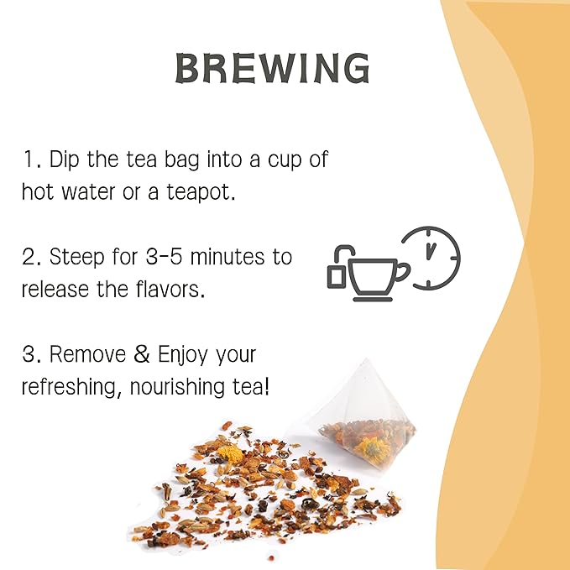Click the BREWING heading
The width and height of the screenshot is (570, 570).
coord(272,69)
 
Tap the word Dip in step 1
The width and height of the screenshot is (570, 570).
coord(69,159)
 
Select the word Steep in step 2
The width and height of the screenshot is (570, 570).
coord(79,256)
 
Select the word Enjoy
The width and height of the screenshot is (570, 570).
coord(180,354)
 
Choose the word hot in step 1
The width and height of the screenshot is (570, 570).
coord(39,191)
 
